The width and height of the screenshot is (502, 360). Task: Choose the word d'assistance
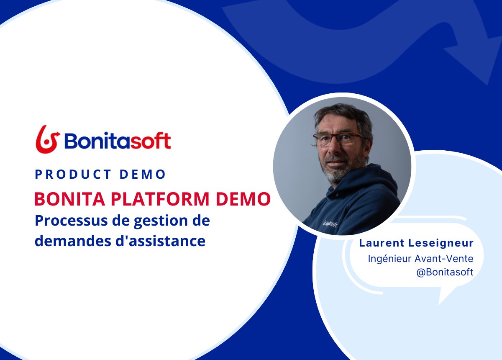click(x=159, y=241)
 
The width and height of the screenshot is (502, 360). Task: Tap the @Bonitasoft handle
click(x=445, y=272)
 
